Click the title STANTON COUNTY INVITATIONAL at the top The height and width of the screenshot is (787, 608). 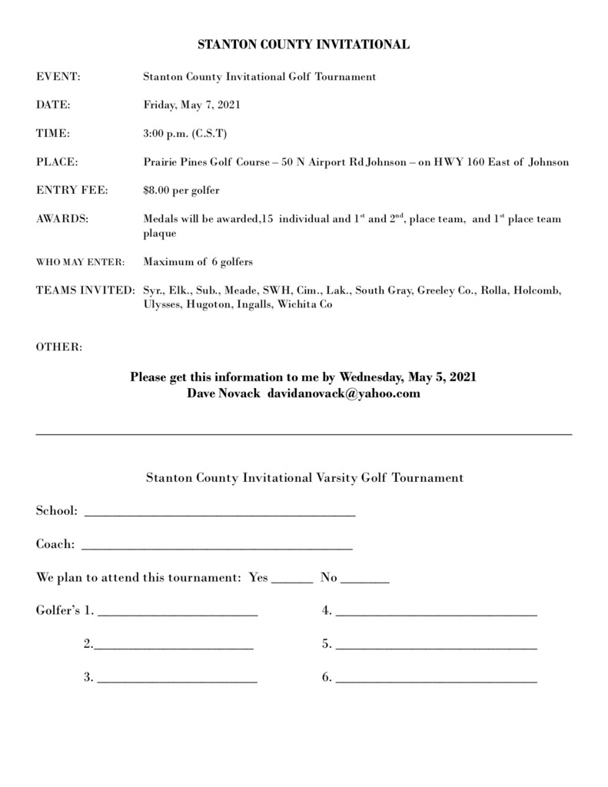pyautogui.click(x=304, y=45)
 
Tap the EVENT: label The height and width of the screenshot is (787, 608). pyautogui.click(x=58, y=77)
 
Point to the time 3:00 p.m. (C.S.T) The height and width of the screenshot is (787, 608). pyautogui.click(x=184, y=133)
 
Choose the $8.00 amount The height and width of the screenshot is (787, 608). pyautogui.click(x=158, y=190)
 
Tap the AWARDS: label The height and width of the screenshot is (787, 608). pyautogui.click(x=62, y=219)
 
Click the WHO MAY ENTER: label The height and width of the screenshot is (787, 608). pyautogui.click(x=80, y=262)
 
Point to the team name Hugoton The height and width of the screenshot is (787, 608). pyautogui.click(x=207, y=304)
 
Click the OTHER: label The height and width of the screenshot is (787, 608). pyautogui.click(x=58, y=347)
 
